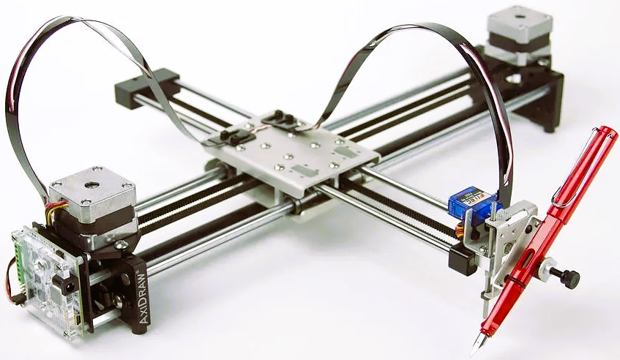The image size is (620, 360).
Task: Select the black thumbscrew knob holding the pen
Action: pos(567,277)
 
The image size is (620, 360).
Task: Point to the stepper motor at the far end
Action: pos(519,34)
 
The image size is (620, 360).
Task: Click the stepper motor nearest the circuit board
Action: pos(93,198)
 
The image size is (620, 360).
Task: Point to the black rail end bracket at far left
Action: pos(146,87)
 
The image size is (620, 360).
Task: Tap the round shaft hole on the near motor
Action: pos(90,182)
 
